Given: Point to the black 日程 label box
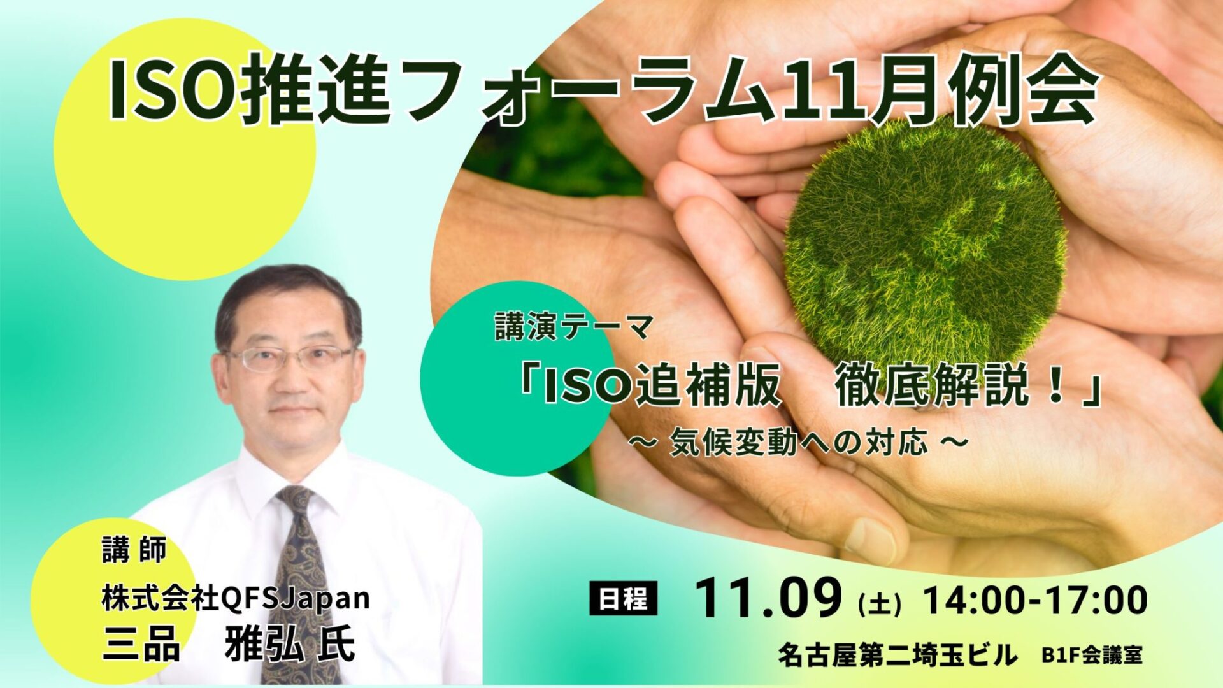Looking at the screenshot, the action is pos(624,599).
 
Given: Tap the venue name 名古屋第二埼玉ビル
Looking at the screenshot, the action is pos(898,655).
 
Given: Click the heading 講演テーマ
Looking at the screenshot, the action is pos(574,329).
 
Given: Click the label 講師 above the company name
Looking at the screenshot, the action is pos(134,550).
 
